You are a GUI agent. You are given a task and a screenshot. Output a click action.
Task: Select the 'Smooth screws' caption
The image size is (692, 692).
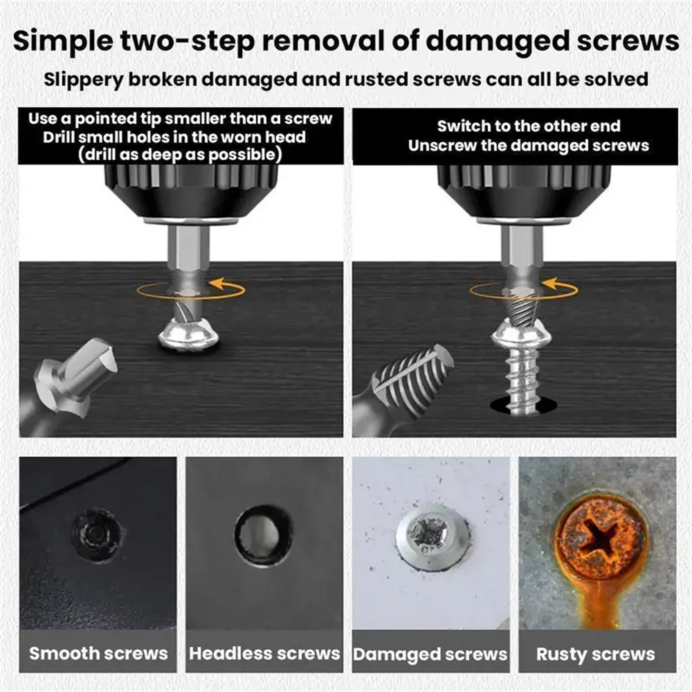[98, 654]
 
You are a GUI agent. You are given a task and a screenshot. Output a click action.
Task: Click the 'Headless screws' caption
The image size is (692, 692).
[264, 654]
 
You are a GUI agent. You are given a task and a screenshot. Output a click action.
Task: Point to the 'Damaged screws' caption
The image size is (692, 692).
[430, 655]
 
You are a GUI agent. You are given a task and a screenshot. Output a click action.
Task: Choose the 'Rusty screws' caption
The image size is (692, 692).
[596, 655]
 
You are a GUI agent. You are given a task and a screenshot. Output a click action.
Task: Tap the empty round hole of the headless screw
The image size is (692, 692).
[264, 536]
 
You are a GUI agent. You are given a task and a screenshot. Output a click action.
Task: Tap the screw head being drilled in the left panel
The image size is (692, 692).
[189, 337]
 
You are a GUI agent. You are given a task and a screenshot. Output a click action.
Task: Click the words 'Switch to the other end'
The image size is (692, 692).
[529, 126]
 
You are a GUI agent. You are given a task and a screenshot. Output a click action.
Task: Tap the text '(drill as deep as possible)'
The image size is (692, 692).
[180, 155]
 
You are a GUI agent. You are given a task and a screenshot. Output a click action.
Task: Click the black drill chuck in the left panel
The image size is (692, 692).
[191, 192]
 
